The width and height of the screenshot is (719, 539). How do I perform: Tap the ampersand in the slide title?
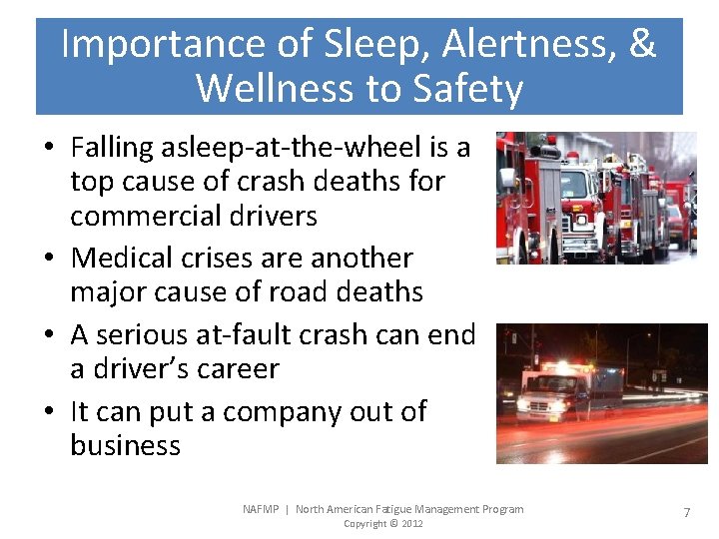(x=638, y=45)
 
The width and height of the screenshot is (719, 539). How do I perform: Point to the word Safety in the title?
(x=465, y=89)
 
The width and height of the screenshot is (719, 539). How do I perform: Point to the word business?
(x=125, y=445)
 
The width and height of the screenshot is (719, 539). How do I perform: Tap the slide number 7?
(x=686, y=512)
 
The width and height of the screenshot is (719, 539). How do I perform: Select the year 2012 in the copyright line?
(x=411, y=524)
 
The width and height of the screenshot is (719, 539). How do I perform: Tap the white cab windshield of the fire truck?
(x=576, y=184)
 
